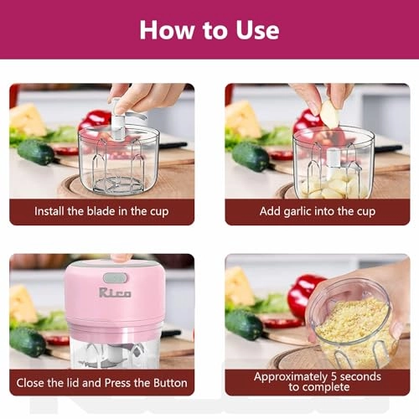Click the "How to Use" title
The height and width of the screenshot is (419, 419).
pos(209,29)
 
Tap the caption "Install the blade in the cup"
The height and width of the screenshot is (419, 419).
pos(101,211)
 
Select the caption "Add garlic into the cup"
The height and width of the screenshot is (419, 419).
pos(318,211)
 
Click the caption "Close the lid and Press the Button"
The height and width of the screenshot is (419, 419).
pos(101,381)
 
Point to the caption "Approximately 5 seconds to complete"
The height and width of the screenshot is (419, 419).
pos(318,382)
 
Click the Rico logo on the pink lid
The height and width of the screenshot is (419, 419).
pos(114,293)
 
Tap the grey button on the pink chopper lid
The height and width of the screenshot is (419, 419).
pos(115,277)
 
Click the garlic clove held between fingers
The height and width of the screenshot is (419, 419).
pos(330,114)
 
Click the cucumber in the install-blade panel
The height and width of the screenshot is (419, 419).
pos(35,152)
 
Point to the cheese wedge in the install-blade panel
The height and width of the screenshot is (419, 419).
pos(28,119)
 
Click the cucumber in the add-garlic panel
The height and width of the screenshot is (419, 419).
pos(251,155)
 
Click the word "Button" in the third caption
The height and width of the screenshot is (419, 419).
pos(169,381)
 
